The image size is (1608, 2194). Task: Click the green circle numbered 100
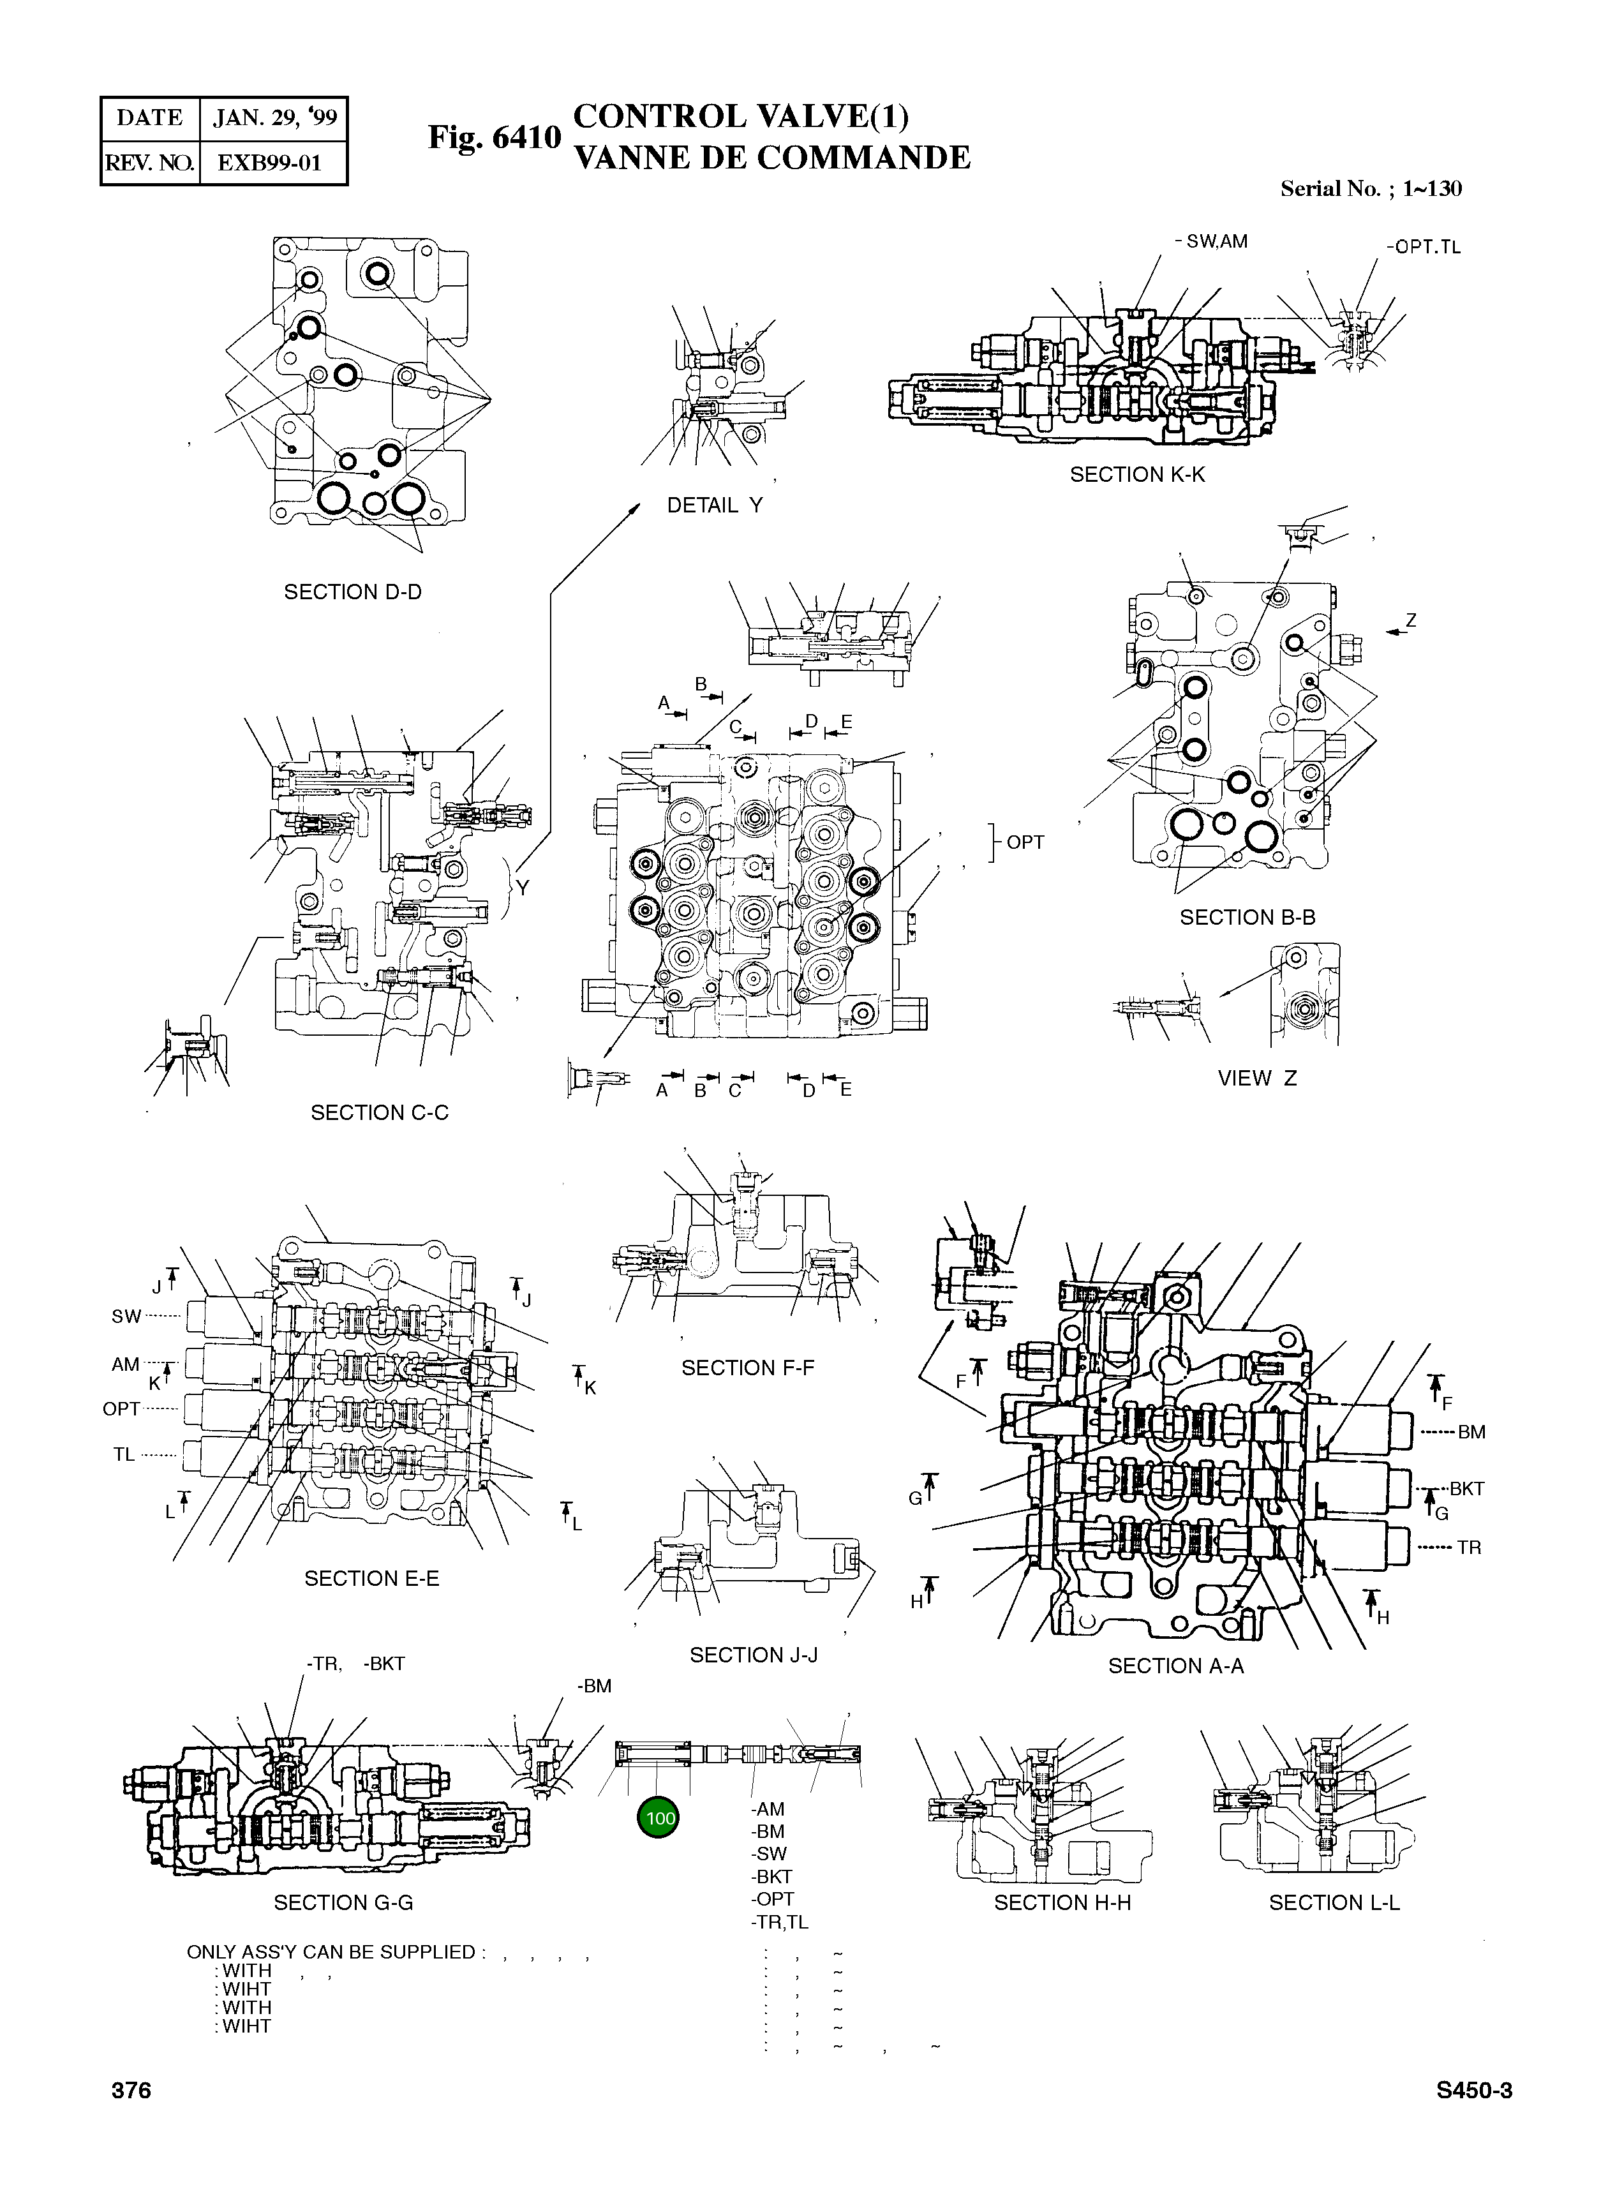click(659, 1818)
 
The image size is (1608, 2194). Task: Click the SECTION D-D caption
click(352, 592)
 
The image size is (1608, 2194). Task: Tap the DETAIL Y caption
click(715, 505)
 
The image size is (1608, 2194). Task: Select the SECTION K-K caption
click(1137, 474)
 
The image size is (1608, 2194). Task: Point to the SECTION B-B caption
click(1247, 917)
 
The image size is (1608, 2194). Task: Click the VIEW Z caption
click(1256, 1078)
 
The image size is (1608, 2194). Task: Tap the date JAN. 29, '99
click(274, 119)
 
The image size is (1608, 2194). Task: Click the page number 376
click(131, 2091)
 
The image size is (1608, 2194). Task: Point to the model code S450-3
click(1473, 2091)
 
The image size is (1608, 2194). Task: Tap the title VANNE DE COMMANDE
click(772, 158)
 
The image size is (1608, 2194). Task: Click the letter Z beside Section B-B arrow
click(1410, 621)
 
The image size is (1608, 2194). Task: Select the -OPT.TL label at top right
click(1423, 247)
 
